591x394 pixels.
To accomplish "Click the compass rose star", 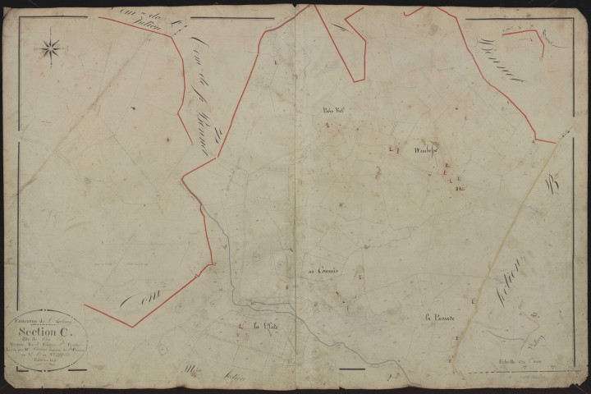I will (51, 47).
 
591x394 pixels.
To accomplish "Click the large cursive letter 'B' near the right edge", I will (550, 186).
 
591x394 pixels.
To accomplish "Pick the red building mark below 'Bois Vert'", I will (328, 126).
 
